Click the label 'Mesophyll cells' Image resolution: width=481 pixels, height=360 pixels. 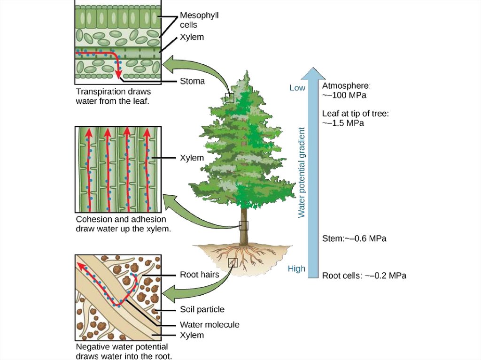tap(199, 20)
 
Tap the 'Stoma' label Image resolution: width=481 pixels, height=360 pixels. tap(193, 81)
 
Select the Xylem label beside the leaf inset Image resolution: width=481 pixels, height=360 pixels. tap(192, 37)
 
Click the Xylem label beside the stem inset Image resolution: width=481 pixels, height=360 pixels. tap(192, 158)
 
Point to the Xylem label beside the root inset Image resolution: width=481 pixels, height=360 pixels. tap(192, 335)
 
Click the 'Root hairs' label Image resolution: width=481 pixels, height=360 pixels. tap(200, 275)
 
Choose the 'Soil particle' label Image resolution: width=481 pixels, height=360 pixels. tap(202, 309)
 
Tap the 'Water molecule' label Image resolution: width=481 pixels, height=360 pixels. tap(209, 324)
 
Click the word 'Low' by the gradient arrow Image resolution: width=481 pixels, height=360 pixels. tap(297, 88)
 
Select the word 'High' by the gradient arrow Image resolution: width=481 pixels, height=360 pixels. tap(296, 269)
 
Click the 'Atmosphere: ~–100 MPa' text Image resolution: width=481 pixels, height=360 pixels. tap(347, 91)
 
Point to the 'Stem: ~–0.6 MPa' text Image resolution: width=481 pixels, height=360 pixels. tap(354, 238)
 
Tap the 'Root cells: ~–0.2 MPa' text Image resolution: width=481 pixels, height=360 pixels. tap(364, 276)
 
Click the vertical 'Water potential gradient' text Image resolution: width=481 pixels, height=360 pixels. tap(302, 172)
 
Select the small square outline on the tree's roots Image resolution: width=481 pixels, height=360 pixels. tap(233, 262)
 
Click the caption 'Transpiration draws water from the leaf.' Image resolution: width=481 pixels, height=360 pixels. tap(113, 96)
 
